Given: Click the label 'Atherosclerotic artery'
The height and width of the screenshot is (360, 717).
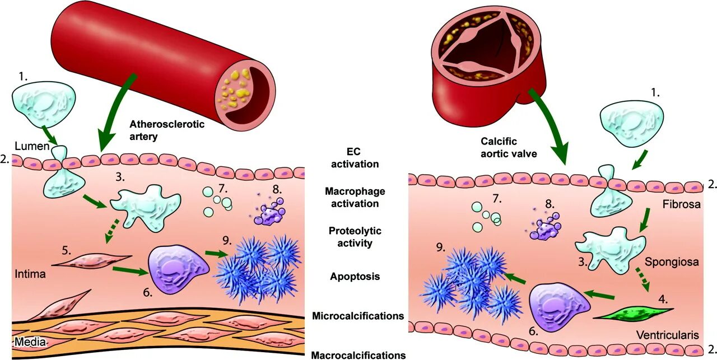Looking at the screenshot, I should pos(167,130).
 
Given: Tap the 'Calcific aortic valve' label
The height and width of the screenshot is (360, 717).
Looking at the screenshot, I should pos(506,148).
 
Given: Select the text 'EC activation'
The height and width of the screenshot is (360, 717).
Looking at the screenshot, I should pos(355,157).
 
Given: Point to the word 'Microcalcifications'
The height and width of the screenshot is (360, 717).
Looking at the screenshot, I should pos(357,316).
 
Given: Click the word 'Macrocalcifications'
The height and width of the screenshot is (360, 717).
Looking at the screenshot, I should pos(358,355).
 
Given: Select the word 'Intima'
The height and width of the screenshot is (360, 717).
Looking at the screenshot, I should pos(30,275).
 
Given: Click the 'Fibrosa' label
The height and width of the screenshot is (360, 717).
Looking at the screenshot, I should pos(681,204).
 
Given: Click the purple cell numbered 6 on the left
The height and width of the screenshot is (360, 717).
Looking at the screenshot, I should pos(175,271).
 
